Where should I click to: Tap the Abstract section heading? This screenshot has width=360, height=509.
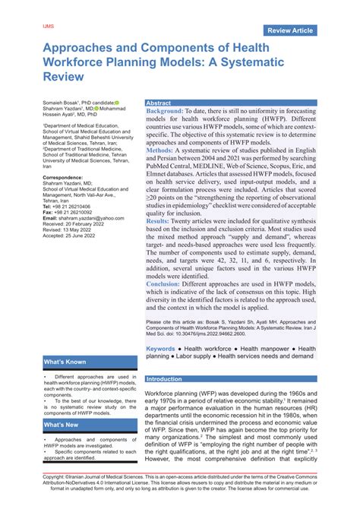(x=159, y=103)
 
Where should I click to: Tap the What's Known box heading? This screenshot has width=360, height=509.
(x=65, y=362)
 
